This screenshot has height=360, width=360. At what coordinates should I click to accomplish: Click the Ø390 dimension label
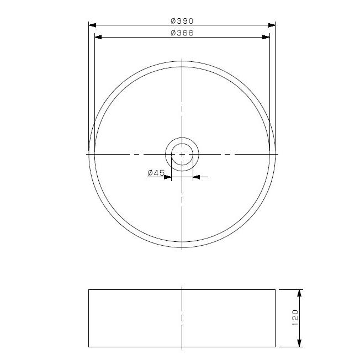[x=182, y=20]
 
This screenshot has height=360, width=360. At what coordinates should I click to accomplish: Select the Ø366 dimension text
[x=182, y=33]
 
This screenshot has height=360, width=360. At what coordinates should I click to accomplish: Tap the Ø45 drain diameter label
[x=156, y=173]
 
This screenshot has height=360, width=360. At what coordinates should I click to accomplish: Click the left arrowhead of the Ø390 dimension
[x=92, y=25]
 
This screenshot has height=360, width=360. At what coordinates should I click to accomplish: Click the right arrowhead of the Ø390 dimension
[x=272, y=25]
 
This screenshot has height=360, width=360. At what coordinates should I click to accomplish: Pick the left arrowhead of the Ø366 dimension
[x=98, y=37]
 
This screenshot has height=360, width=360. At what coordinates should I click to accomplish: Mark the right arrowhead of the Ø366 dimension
[x=266, y=37]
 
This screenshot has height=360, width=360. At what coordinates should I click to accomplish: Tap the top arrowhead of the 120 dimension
[x=300, y=292]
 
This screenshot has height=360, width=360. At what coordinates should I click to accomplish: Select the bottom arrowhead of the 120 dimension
[x=300, y=343]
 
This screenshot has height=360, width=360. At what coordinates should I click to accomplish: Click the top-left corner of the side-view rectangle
[x=89, y=289]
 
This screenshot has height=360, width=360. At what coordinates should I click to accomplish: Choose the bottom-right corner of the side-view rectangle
[x=275, y=347]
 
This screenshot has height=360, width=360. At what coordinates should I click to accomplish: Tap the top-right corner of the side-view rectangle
[x=275, y=289]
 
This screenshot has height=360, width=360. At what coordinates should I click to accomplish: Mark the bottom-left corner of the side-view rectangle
[x=89, y=347]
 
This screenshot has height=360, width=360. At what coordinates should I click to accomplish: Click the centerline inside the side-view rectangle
[x=182, y=318]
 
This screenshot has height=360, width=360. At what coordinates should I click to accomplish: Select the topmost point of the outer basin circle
[x=182, y=60]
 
